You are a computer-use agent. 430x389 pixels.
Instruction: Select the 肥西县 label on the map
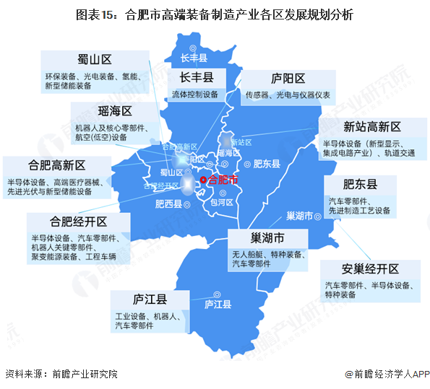coord(168,204)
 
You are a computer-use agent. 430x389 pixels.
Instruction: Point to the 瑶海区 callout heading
coord(115,111)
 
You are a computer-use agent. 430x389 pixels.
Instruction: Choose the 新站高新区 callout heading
coord(371,127)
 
